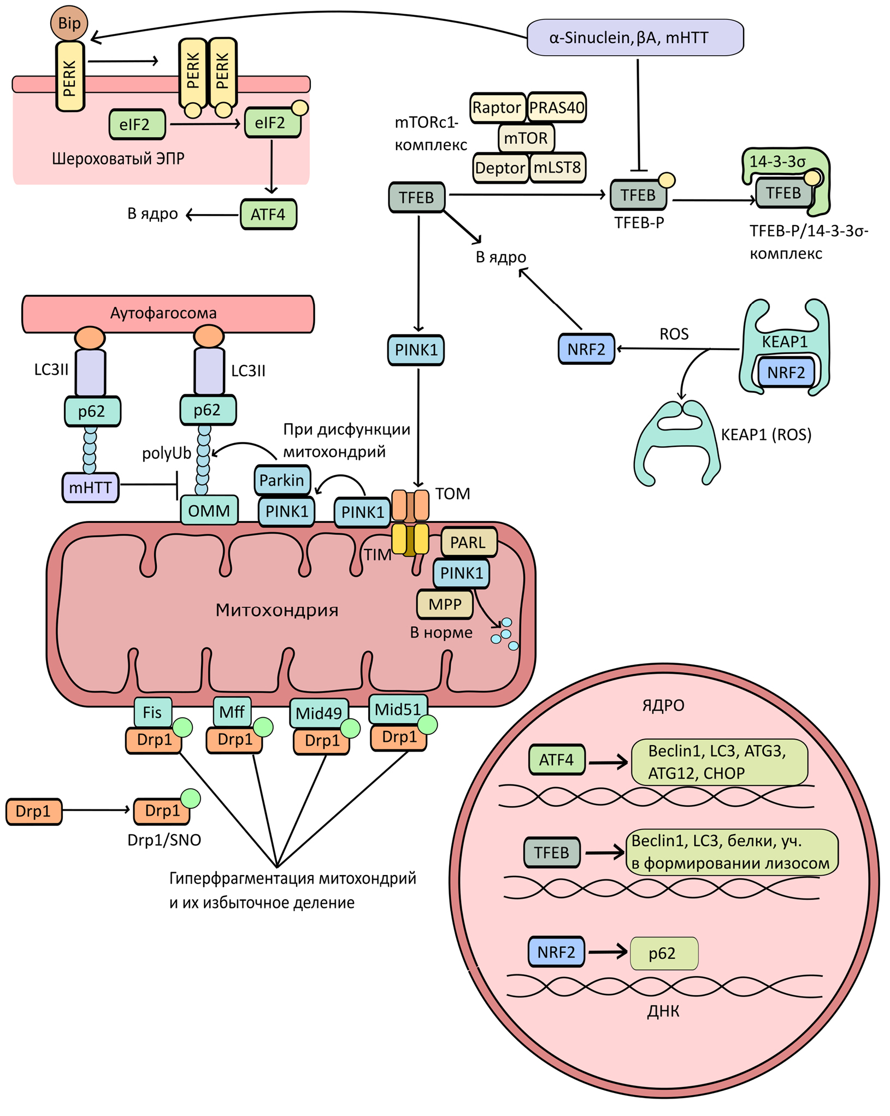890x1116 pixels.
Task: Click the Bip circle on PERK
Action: pyautogui.click(x=69, y=23)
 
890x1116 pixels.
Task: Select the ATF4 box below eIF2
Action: pyautogui.click(x=268, y=214)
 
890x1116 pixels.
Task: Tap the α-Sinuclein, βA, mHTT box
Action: pyautogui.click(x=635, y=38)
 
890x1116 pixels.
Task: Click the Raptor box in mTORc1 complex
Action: pyautogui.click(x=497, y=108)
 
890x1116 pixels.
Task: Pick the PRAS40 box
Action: pyautogui.click(x=557, y=108)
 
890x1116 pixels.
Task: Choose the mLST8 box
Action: pyautogui.click(x=557, y=168)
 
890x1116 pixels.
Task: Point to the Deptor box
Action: pyautogui.click(x=500, y=168)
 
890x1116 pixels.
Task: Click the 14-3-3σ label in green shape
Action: pyautogui.click(x=777, y=162)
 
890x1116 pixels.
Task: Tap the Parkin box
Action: pyautogui.click(x=282, y=480)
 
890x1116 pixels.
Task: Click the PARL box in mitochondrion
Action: pyautogui.click(x=468, y=542)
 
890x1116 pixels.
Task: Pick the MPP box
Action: pyautogui.click(x=445, y=604)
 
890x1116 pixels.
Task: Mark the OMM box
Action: pyautogui.click(x=209, y=511)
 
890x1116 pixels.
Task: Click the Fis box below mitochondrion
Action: pyautogui.click(x=152, y=712)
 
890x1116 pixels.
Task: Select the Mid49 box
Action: pyautogui.click(x=319, y=713)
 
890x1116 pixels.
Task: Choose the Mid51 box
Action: pyautogui.click(x=398, y=709)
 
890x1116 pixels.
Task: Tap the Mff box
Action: pyautogui.click(x=232, y=712)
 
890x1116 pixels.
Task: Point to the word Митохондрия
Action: pyautogui.click(x=277, y=610)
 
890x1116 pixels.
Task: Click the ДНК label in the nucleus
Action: pyautogui.click(x=663, y=1012)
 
